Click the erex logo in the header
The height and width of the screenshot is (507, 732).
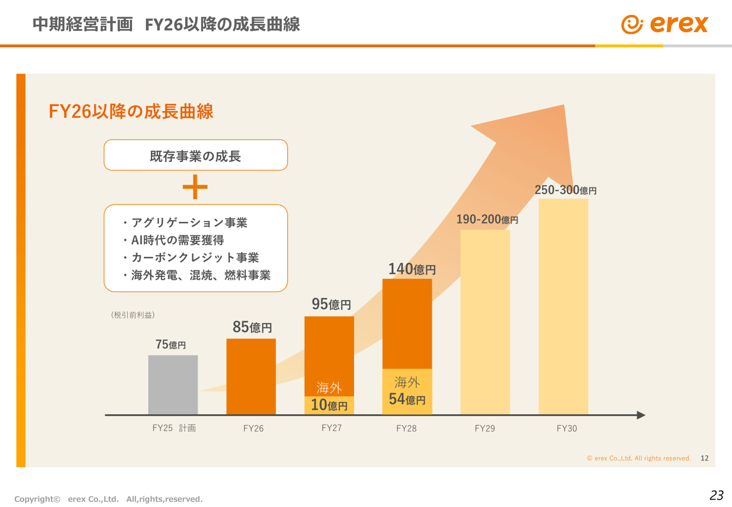pos(665,24)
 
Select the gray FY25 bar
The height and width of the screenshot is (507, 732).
pos(173,385)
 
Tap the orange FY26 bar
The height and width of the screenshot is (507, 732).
pos(251,376)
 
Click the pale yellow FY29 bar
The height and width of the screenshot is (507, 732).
pos(485,322)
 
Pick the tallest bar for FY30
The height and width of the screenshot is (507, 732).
pos(563,306)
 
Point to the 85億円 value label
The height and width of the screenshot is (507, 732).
pos(252,327)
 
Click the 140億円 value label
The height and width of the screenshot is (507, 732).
pos(412,269)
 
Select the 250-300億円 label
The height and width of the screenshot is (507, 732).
pos(565,190)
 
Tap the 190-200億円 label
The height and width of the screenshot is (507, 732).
pos(487,219)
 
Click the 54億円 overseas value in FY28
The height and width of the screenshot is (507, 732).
pos(407,399)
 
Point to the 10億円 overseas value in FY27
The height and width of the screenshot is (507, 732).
pos(329,405)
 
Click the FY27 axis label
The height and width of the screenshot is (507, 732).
pos(332,427)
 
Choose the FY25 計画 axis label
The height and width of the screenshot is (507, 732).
pos(174,427)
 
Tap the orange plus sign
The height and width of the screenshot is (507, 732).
pos(195,187)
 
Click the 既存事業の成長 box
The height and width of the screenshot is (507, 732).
pos(196,155)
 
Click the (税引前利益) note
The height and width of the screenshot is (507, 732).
pos(133,315)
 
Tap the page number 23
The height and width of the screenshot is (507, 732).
pos(716,496)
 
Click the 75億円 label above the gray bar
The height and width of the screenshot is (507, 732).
pos(170,344)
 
